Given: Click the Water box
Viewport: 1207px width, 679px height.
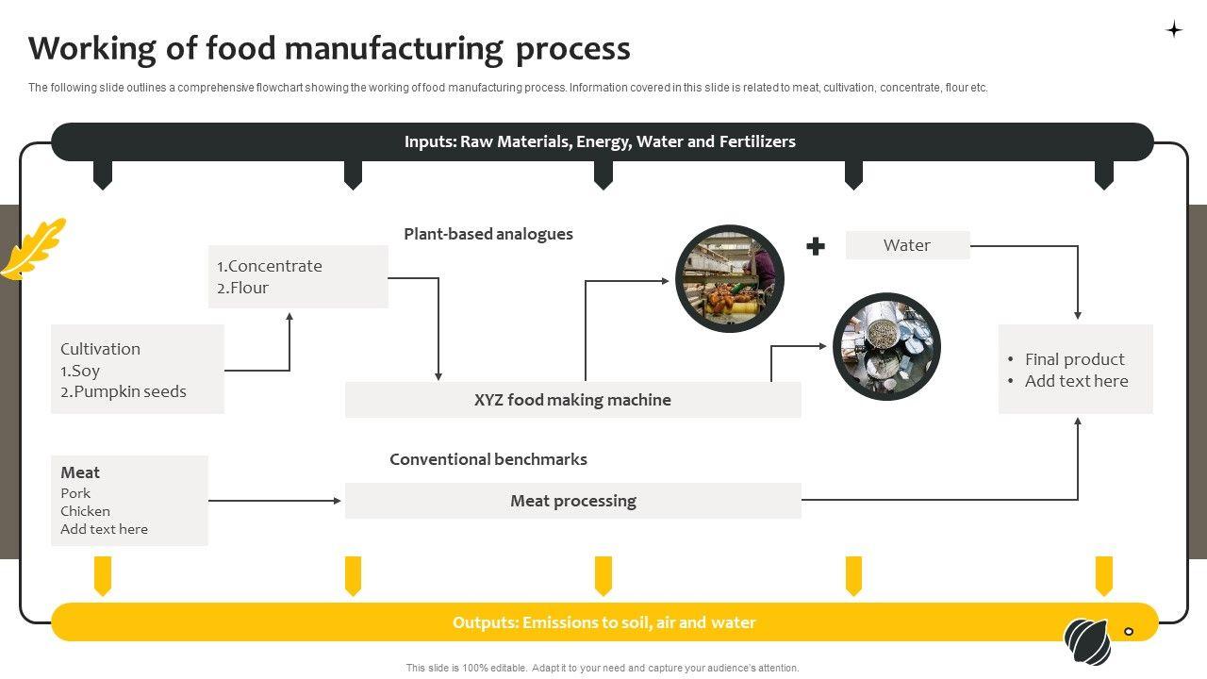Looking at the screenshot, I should (x=907, y=245).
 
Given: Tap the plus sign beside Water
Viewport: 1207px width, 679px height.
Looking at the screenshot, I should (x=816, y=246).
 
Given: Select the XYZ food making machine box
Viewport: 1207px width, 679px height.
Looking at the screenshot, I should (x=572, y=400).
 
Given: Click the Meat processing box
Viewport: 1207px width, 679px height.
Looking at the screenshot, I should (x=572, y=501).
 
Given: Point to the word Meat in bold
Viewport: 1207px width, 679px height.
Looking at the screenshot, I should (x=80, y=472).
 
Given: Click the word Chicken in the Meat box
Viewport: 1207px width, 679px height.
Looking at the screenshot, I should (x=85, y=511).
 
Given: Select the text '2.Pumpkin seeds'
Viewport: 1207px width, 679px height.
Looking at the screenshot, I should (x=124, y=391).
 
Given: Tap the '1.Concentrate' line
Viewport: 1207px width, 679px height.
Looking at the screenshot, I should (x=270, y=266).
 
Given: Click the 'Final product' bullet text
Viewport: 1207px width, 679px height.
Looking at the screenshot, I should (x=1074, y=359).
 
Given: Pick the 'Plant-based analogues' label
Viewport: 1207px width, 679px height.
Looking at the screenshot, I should (x=488, y=234).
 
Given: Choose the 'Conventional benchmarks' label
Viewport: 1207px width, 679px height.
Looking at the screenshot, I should (x=488, y=459).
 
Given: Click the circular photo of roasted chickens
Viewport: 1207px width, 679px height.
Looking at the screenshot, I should (x=730, y=278).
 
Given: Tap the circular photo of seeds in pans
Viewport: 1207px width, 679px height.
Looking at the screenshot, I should (x=886, y=346).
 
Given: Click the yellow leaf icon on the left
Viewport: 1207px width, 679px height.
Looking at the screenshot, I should (x=34, y=249).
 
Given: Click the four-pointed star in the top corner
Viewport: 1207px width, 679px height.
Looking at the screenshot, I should (x=1174, y=29).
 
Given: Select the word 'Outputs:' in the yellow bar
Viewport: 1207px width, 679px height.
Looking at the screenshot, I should (x=486, y=622).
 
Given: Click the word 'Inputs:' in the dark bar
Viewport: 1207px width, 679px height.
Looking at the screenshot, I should (x=430, y=141).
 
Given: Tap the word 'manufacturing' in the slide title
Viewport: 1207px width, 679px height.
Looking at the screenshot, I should (x=396, y=48).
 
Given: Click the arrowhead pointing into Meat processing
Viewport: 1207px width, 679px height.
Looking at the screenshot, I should (x=338, y=501).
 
